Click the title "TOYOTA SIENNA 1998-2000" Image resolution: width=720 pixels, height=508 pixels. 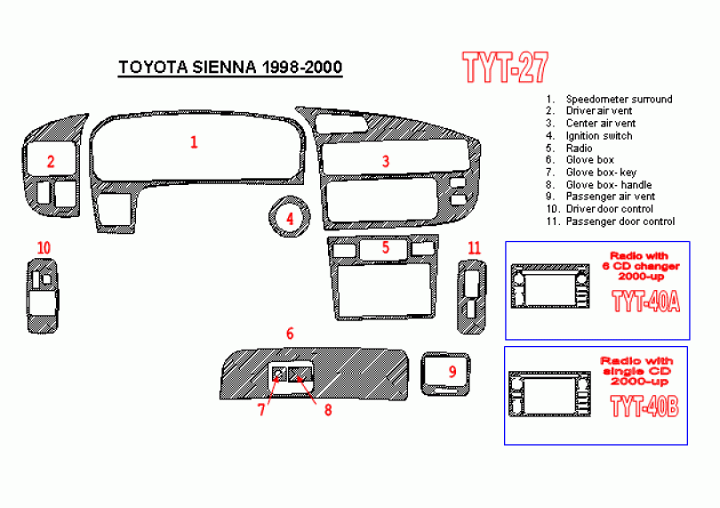(230, 67)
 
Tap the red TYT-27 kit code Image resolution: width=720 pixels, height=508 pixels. (505, 67)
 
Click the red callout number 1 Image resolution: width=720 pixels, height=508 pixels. (194, 142)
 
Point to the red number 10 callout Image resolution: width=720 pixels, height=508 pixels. (44, 248)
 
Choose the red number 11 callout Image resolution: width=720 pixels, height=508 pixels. (474, 248)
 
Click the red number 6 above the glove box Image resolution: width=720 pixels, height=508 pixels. (290, 334)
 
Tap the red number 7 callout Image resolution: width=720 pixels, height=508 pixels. (261, 409)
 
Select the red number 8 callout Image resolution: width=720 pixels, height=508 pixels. (328, 409)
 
